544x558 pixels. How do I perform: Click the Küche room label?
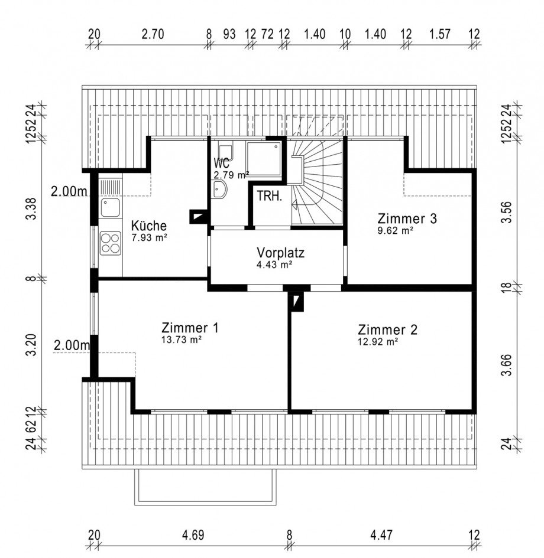pyautogui.click(x=149, y=226)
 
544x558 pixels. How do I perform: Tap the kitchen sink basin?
pyautogui.click(x=110, y=208)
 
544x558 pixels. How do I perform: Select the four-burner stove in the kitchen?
pyautogui.click(x=110, y=243)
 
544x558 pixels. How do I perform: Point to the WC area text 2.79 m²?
pyautogui.click(x=231, y=175)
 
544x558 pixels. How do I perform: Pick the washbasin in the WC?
pyautogui.click(x=219, y=188)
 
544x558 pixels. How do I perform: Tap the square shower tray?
pyautogui.click(x=264, y=159)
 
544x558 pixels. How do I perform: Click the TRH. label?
pyautogui.click(x=270, y=196)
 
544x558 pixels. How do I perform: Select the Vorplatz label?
pyautogui.click(x=281, y=253)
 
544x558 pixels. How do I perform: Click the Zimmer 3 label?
pyautogui.click(x=407, y=218)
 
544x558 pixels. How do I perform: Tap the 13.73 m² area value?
pyautogui.click(x=182, y=340)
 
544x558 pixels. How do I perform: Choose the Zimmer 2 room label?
pyautogui.click(x=388, y=330)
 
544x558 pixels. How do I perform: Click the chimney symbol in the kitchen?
pyautogui.click(x=197, y=217)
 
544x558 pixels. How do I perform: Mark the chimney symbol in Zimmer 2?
pyautogui.click(x=296, y=302)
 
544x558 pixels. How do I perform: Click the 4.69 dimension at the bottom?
pyautogui.click(x=193, y=535)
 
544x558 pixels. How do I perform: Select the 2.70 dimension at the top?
pyautogui.click(x=153, y=34)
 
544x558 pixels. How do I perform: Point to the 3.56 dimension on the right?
pyautogui.click(x=506, y=212)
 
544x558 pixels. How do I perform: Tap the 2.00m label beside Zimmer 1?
pyautogui.click(x=72, y=345)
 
